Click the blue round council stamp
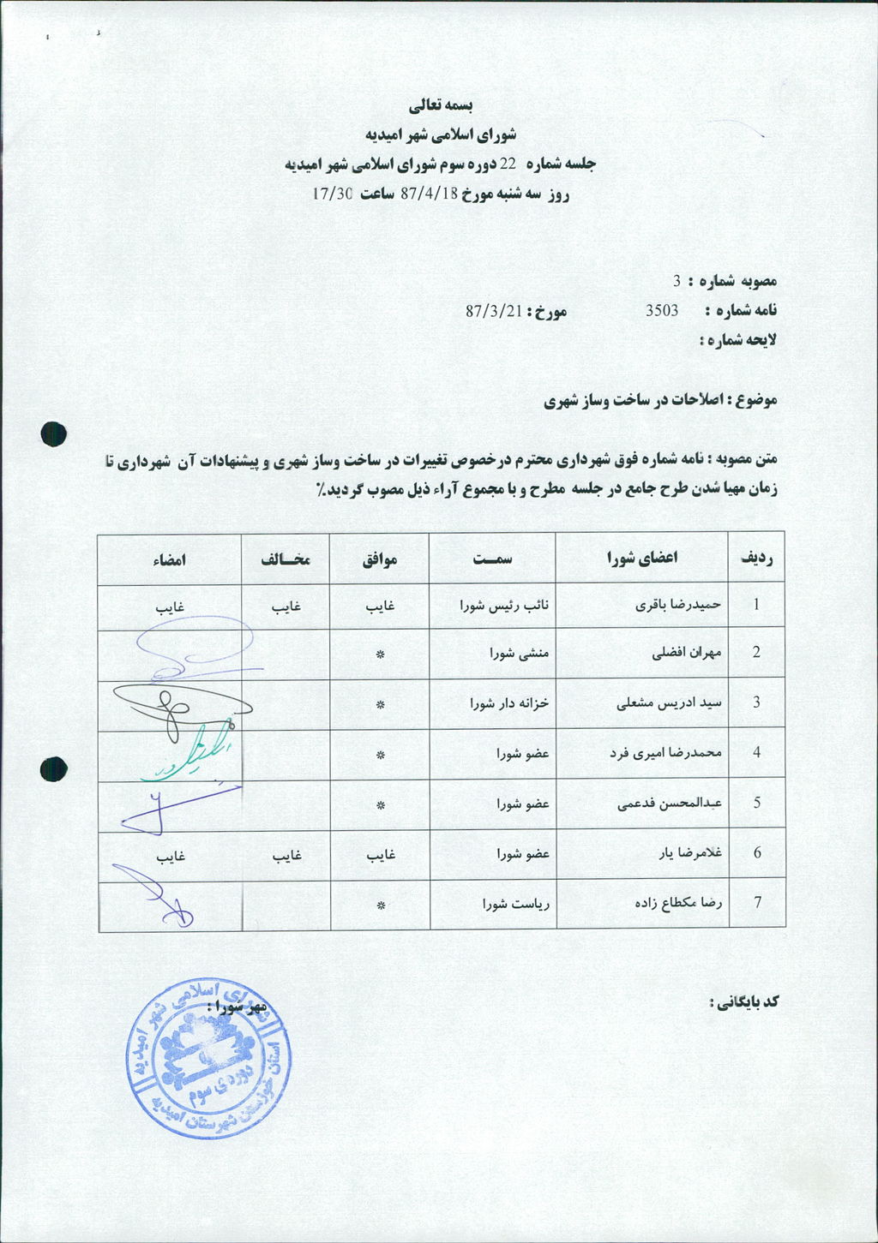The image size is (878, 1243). (207, 1059)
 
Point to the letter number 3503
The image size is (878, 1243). (662, 310)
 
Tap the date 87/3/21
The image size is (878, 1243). (494, 310)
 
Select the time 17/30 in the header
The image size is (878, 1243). (333, 194)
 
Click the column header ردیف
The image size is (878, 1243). (756, 558)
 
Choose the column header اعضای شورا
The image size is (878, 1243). (642, 558)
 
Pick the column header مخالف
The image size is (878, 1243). (286, 559)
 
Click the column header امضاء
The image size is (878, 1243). (170, 559)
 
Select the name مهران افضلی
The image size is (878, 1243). (688, 653)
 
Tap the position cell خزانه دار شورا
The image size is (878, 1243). (509, 703)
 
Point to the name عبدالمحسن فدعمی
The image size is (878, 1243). (670, 804)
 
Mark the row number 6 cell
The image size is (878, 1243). (756, 853)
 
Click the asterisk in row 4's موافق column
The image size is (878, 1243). (380, 755)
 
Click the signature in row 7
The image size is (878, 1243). (154, 895)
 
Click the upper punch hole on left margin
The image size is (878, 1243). (53, 433)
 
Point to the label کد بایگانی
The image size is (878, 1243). (743, 1001)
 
